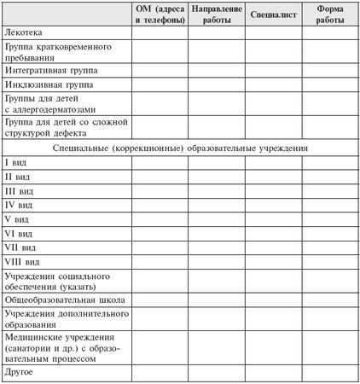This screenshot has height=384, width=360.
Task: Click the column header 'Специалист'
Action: [x=271, y=15]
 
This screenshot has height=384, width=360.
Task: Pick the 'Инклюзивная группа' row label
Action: [x=48, y=85]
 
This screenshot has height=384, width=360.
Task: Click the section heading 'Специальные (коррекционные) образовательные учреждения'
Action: [x=179, y=148]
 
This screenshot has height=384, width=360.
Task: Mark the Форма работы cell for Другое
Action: [x=328, y=373]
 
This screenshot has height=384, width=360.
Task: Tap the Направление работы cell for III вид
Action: [x=214, y=190]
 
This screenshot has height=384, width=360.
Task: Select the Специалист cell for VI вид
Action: [x=271, y=233]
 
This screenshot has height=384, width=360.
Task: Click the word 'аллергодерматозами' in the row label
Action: [x=60, y=109]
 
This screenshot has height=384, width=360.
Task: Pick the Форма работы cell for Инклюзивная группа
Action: [x=328, y=85]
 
